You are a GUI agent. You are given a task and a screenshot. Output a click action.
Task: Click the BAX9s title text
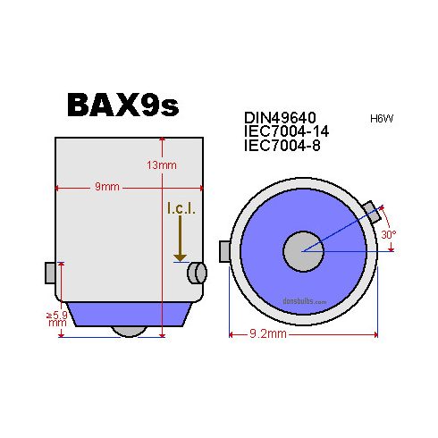point(122,105)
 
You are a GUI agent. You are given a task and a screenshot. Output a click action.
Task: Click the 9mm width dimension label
point(108,188)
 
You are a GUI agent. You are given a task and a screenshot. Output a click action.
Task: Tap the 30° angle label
point(389,235)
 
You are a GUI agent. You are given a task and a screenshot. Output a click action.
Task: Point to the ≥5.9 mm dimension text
point(56,320)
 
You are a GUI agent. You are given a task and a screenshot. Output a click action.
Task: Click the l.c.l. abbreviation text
point(180,208)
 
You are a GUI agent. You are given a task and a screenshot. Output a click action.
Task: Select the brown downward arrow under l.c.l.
point(180,241)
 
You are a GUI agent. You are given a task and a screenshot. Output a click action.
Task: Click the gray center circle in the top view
point(302,252)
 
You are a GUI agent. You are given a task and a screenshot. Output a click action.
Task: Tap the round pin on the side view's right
point(196,273)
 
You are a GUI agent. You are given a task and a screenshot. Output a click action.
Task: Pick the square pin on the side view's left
point(51,273)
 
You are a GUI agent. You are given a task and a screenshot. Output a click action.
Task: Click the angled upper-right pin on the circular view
point(372,212)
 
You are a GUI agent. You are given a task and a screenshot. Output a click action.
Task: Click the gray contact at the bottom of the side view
point(131,331)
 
